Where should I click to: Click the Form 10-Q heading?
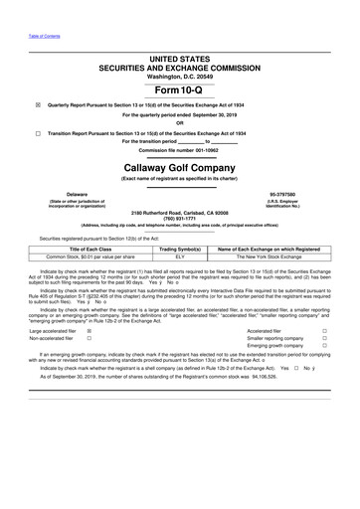tap(181, 89)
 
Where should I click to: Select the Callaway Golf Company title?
tap(181, 170)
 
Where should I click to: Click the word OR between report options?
tap(181, 123)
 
